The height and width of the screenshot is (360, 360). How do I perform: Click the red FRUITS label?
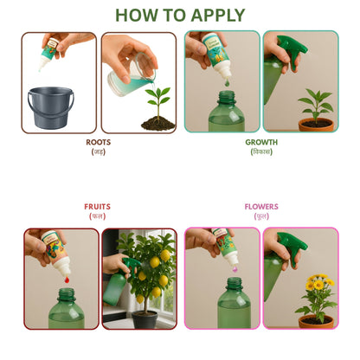(x=98, y=207)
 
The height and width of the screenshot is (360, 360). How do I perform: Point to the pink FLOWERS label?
(x=261, y=207)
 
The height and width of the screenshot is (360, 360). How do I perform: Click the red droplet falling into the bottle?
(x=65, y=280)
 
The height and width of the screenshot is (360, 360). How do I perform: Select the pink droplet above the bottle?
(x=232, y=281)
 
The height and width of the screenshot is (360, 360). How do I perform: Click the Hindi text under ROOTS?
(x=98, y=152)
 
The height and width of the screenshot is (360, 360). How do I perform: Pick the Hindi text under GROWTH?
(x=261, y=152)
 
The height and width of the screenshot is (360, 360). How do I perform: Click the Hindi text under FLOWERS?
(x=261, y=217)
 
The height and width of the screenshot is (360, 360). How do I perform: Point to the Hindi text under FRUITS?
(x=98, y=217)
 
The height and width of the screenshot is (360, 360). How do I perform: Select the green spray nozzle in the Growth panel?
(x=289, y=50)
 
